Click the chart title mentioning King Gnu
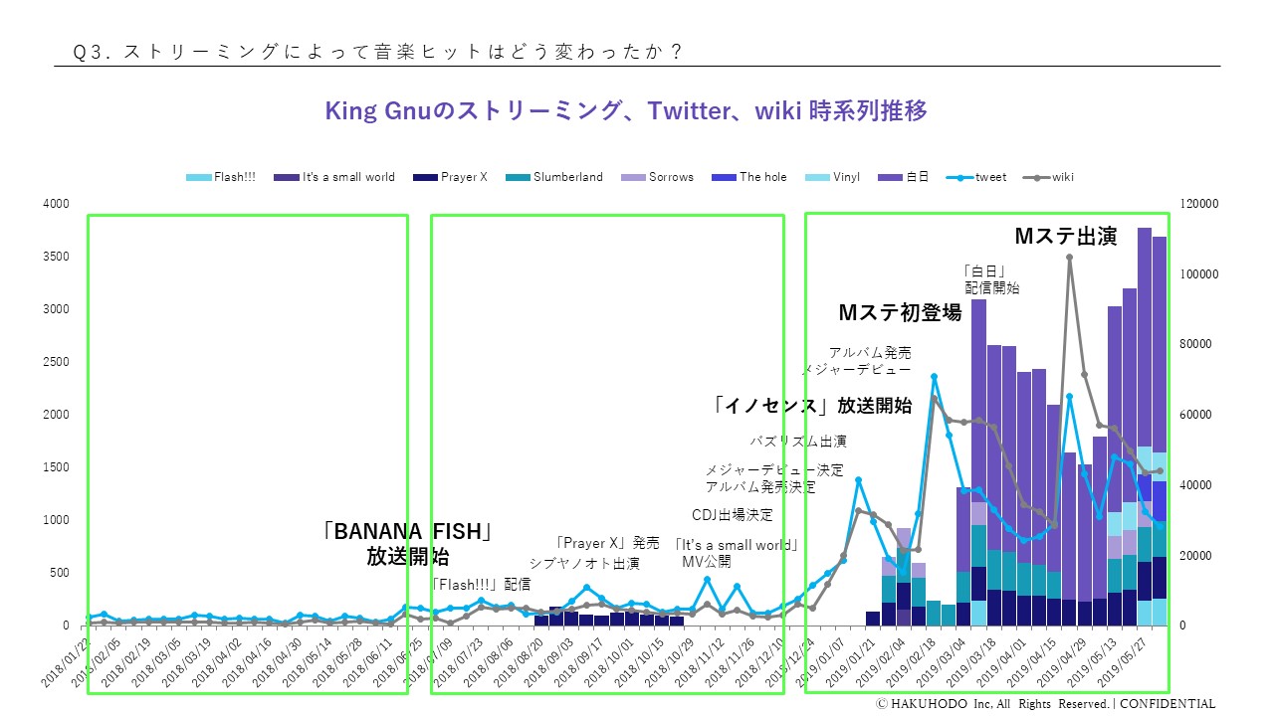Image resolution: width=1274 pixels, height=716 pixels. tap(626, 110)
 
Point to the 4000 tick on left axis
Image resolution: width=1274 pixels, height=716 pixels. tap(56, 204)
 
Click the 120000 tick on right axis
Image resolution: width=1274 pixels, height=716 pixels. tap(1198, 204)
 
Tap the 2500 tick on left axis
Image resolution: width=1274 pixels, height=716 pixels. tap(56, 362)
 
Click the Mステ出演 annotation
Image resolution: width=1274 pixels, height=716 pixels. tap(1065, 237)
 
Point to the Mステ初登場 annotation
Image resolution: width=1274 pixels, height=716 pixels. tap(900, 313)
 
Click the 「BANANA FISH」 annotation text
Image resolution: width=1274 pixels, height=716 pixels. tap(408, 531)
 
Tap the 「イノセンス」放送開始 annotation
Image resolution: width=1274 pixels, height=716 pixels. tap(812, 405)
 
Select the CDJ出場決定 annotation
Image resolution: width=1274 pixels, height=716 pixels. tap(732, 515)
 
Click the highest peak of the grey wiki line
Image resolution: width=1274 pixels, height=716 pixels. tap(1069, 257)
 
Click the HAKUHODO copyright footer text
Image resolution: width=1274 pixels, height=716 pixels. tap(1045, 704)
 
